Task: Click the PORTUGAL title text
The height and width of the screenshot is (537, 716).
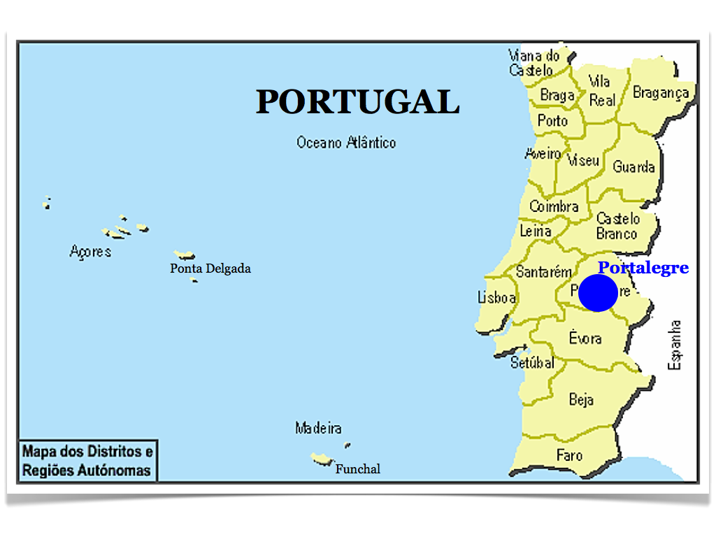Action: [x=357, y=102]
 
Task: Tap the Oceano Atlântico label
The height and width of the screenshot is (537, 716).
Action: [x=346, y=143]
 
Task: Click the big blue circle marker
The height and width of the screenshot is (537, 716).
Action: [x=598, y=293]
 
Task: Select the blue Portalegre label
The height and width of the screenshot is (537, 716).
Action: [x=643, y=268]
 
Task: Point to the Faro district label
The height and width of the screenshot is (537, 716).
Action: [x=569, y=455]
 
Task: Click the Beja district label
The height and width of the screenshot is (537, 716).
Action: [x=581, y=399]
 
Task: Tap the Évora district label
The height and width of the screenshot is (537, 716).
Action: [x=585, y=338]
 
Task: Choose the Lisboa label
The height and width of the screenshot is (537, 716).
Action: [x=496, y=298]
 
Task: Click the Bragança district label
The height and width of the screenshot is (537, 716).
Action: [x=661, y=92]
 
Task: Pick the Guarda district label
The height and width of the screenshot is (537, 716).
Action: [x=633, y=167]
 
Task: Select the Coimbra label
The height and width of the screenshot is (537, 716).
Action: [x=554, y=206]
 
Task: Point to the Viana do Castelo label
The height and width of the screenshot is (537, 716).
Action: [x=534, y=63]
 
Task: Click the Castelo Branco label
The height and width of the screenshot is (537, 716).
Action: [x=617, y=227]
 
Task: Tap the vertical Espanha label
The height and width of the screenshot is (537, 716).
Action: [x=675, y=345]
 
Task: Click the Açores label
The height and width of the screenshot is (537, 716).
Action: [x=90, y=251]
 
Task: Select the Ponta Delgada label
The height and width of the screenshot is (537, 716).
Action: [x=210, y=268]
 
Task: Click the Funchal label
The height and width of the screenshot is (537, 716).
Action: [x=358, y=469]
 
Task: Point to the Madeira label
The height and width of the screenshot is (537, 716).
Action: [x=318, y=428]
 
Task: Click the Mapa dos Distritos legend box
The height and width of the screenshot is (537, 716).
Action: [x=87, y=461]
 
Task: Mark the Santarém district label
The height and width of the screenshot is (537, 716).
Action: [x=543, y=272]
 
